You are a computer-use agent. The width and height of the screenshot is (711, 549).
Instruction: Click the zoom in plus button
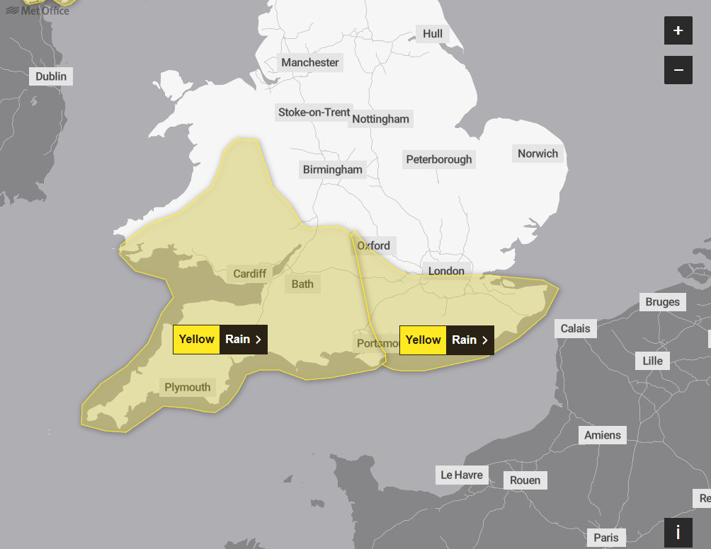(x=678, y=30)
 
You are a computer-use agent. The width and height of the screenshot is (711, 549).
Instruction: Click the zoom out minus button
(x=678, y=70)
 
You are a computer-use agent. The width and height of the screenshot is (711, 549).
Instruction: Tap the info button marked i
(x=678, y=532)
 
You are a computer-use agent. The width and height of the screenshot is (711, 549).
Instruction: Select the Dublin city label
(x=51, y=76)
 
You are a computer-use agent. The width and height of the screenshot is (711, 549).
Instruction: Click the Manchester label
(x=310, y=62)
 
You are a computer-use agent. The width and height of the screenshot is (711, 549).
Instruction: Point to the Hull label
(x=432, y=34)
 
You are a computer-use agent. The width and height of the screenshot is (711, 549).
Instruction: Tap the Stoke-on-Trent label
(x=314, y=112)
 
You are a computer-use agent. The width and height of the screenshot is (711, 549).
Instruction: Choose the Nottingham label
(x=381, y=119)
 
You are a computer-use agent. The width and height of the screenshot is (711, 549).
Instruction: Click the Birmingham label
(x=332, y=169)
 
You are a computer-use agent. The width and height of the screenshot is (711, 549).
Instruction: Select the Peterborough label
(x=438, y=159)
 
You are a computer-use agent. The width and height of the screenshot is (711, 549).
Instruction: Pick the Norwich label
(x=537, y=154)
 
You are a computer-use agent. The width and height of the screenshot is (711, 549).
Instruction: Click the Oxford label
(x=373, y=245)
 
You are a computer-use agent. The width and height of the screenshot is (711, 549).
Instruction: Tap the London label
(x=446, y=271)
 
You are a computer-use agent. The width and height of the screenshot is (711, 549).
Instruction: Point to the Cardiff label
(x=250, y=274)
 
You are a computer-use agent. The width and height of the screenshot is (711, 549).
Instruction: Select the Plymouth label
(x=188, y=387)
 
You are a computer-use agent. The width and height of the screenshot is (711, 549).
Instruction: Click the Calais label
(x=575, y=328)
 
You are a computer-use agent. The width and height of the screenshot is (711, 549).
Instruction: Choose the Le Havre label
(x=462, y=475)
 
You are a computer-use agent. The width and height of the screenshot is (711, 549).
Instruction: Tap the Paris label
(x=606, y=538)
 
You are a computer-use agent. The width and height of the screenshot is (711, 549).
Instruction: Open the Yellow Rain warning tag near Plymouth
(x=220, y=340)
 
